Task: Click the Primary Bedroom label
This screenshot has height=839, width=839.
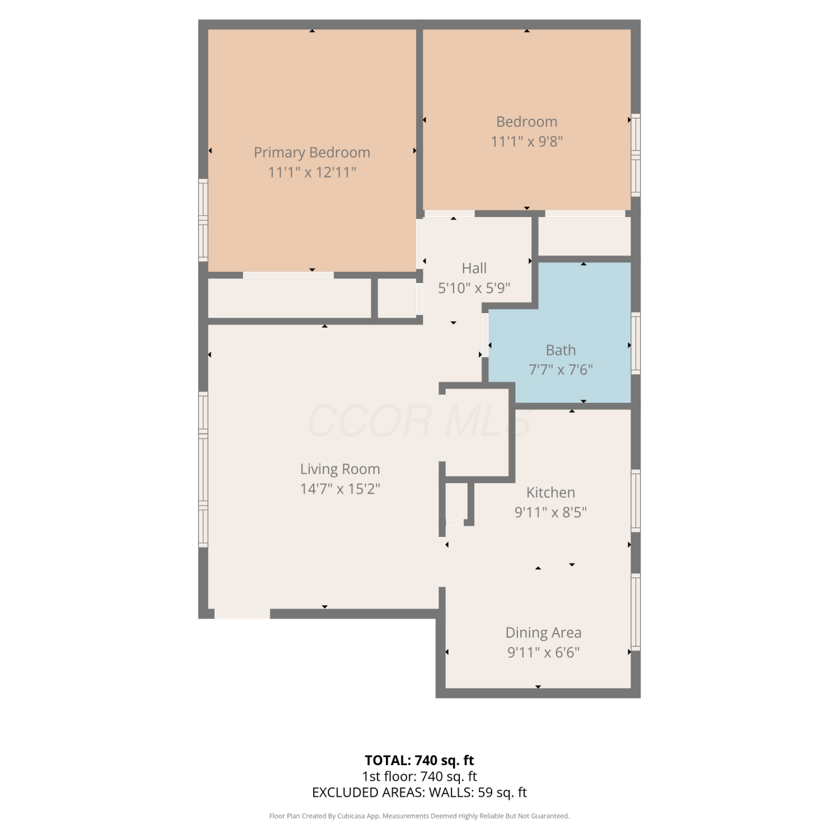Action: click(x=312, y=152)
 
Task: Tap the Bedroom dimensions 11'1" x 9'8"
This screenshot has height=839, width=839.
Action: click(x=527, y=141)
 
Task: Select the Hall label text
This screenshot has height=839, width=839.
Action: click(x=474, y=268)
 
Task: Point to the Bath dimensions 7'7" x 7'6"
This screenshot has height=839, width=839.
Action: click(x=561, y=369)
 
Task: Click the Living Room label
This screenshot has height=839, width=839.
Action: click(x=340, y=469)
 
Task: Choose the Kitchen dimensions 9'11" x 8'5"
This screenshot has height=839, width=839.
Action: click(x=550, y=512)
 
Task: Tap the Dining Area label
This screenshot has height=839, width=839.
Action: click(x=544, y=632)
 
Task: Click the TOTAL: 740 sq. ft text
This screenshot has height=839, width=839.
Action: click(x=419, y=760)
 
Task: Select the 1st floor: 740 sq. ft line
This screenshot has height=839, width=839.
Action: click(x=419, y=776)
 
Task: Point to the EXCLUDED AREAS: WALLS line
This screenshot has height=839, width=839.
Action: click(x=419, y=793)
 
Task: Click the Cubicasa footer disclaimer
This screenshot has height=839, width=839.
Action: click(x=419, y=816)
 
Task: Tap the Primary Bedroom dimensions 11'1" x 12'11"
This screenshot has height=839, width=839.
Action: click(x=312, y=172)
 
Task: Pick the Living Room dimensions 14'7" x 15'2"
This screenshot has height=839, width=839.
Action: click(x=340, y=488)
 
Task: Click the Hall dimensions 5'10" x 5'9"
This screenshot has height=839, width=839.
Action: click(x=474, y=288)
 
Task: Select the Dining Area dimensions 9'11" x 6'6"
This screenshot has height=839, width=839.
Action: click(x=544, y=652)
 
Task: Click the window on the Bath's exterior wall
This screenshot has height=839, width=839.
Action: click(x=636, y=343)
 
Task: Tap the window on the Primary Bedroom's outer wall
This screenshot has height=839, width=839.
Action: click(x=203, y=220)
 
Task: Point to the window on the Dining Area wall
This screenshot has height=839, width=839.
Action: click(x=636, y=612)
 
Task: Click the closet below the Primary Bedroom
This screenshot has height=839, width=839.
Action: click(x=289, y=298)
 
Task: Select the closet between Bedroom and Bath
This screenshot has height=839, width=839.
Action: click(x=585, y=236)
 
